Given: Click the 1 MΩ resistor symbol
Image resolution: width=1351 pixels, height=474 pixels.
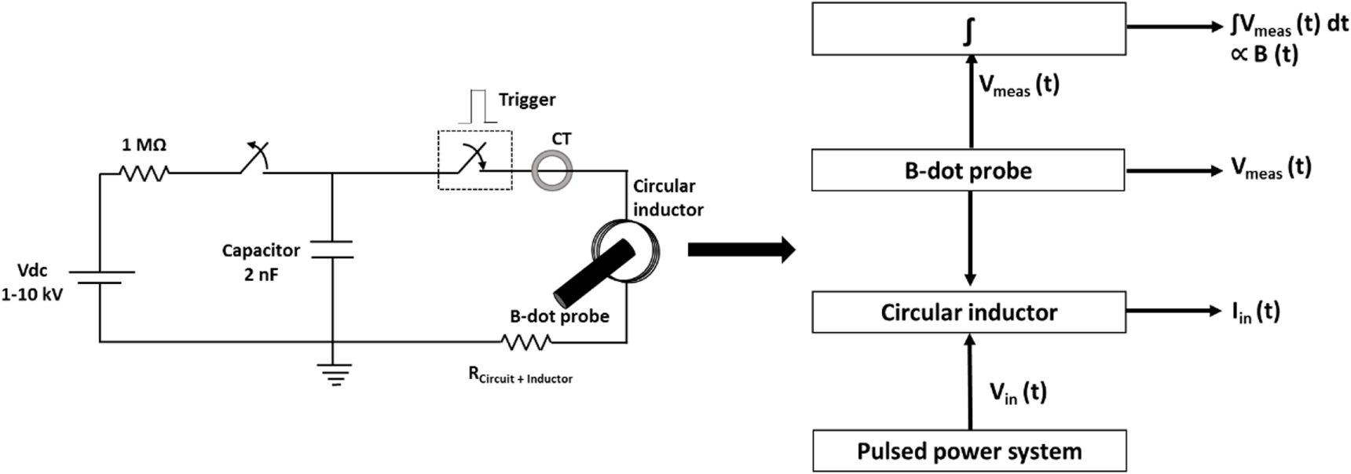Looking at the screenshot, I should click(x=145, y=173).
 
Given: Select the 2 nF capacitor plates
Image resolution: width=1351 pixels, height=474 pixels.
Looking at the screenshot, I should click(x=332, y=250).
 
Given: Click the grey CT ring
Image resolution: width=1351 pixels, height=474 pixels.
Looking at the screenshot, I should click(x=552, y=170).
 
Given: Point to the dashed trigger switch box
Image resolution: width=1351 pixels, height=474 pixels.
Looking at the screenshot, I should click(x=474, y=160).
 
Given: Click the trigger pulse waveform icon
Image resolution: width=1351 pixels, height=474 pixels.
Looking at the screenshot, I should click(x=478, y=107).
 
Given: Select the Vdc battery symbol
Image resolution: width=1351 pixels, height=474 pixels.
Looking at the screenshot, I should click(x=101, y=277).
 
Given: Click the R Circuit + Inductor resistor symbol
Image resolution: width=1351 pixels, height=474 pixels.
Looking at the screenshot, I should click(x=525, y=342).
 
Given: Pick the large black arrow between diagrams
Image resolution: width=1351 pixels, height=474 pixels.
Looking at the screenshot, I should click(x=741, y=250).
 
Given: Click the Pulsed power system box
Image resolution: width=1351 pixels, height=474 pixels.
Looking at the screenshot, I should click(x=969, y=450).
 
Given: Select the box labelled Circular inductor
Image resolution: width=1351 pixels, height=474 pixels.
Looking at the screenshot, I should click(x=968, y=312).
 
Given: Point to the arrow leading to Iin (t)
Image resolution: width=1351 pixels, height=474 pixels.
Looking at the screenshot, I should click(x=1173, y=312).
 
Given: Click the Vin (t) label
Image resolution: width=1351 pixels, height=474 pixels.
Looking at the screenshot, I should click(x=1017, y=392).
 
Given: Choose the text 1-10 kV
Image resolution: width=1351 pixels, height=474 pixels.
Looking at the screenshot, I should click(x=32, y=295).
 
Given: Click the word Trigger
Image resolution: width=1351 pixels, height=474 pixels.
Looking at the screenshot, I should click(x=527, y=100).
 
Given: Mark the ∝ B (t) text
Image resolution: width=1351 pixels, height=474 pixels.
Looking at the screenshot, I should click(x=1264, y=55).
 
